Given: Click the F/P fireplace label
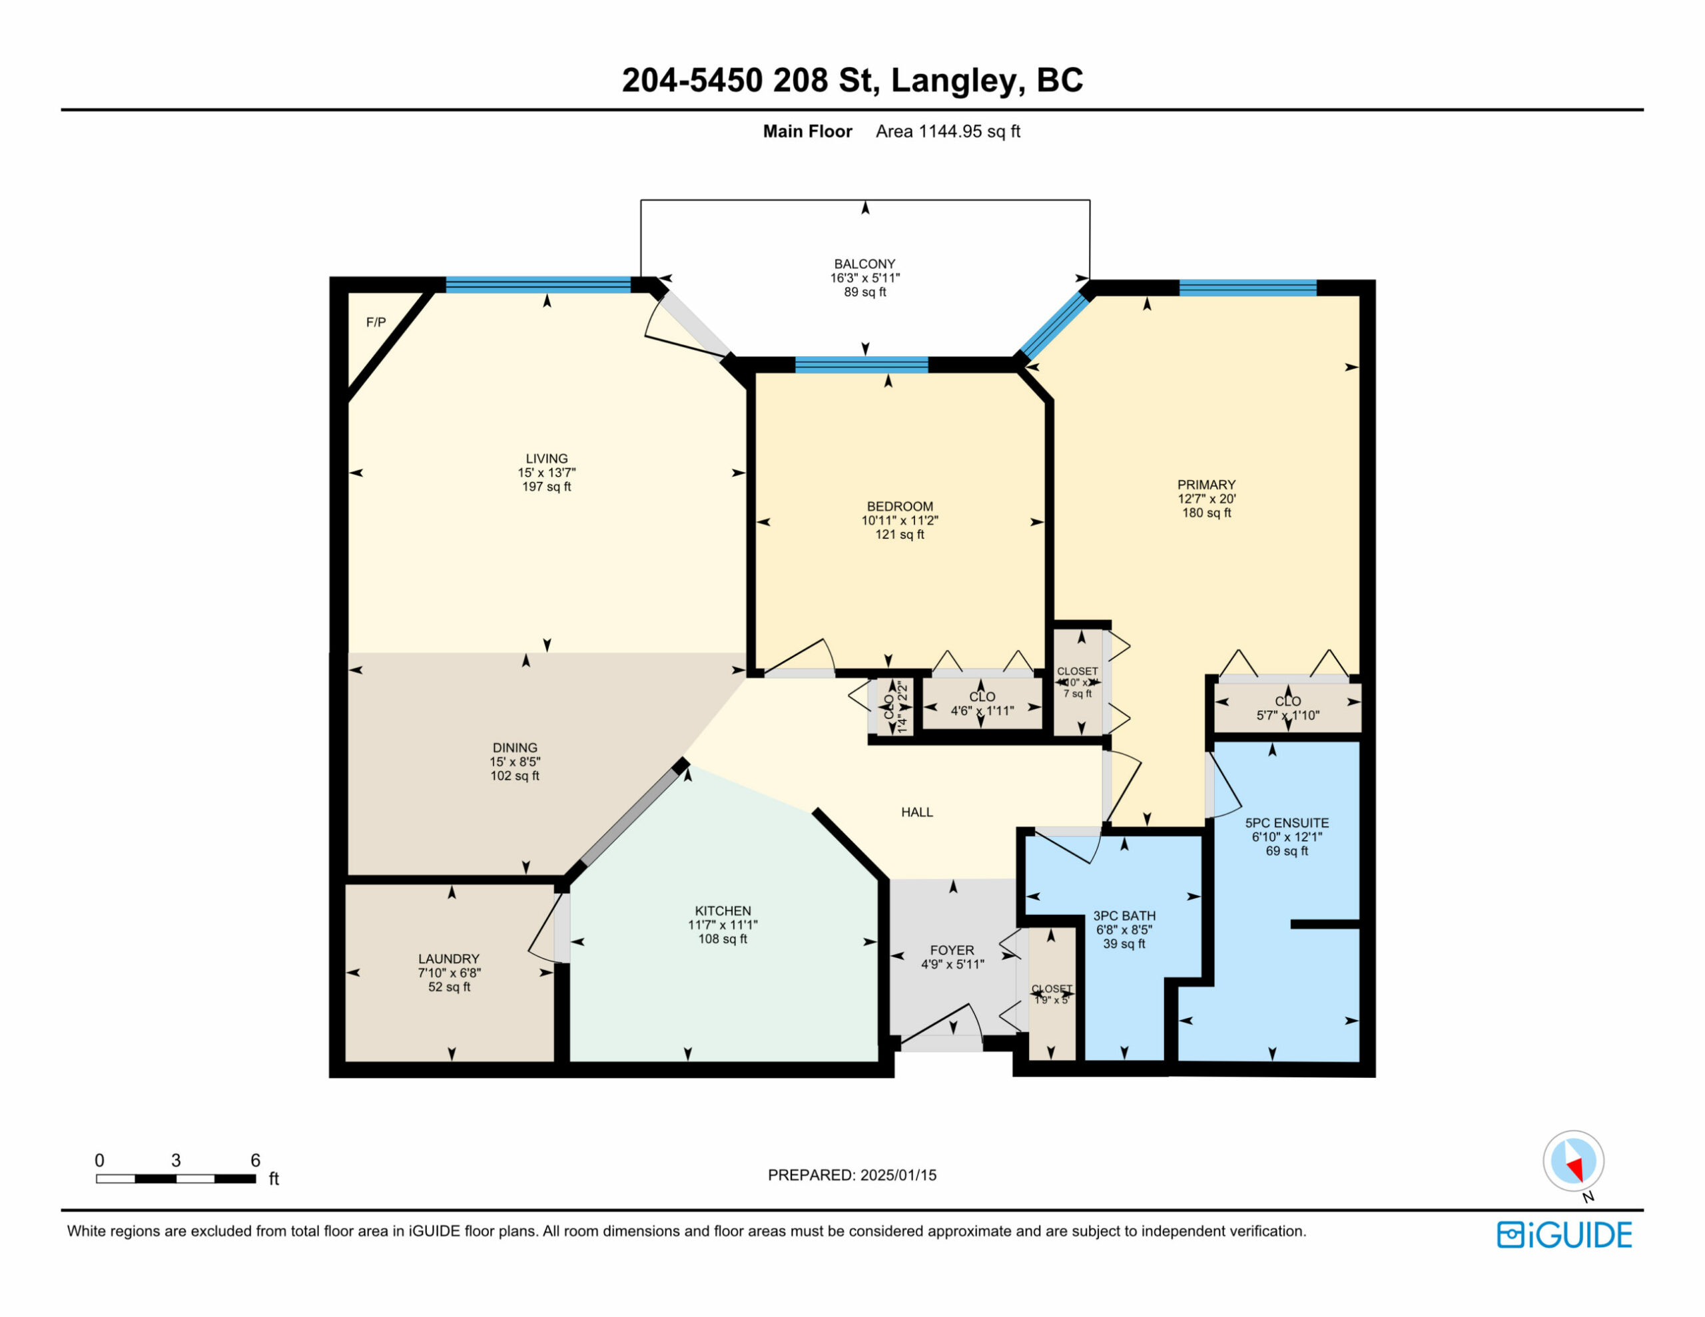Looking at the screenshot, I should (x=376, y=322).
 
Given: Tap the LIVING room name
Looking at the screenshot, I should (x=547, y=458).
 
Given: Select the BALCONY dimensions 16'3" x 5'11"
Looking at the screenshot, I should (x=864, y=278).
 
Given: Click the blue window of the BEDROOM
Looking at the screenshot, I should (x=861, y=365).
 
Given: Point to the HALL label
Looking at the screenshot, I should (x=916, y=812).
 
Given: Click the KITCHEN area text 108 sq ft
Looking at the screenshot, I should (x=722, y=939).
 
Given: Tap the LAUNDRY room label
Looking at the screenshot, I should (x=448, y=959).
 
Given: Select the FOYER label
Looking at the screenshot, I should (x=952, y=950).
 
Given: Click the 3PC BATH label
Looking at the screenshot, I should (x=1124, y=916).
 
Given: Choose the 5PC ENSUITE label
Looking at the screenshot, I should (x=1287, y=823).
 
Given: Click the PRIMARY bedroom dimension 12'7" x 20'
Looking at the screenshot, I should (x=1206, y=499).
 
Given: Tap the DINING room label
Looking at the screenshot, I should (x=514, y=747).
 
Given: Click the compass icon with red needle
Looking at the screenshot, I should (x=1573, y=1161).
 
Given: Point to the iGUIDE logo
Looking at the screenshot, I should (x=1564, y=1235).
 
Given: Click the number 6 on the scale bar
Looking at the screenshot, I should (x=255, y=1160).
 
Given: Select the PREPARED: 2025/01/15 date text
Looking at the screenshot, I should (x=852, y=1175).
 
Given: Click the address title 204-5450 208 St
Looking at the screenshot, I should (x=852, y=81).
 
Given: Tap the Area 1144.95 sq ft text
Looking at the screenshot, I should (x=947, y=131).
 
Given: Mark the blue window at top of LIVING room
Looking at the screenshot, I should (x=538, y=285).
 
